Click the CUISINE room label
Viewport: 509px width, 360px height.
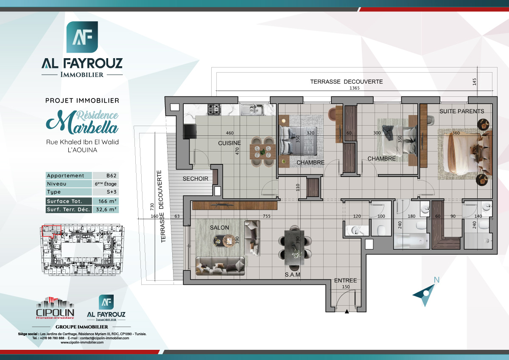[x=229, y=143]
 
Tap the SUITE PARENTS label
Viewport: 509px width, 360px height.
[x=461, y=111]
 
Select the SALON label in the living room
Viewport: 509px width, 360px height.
[x=219, y=228]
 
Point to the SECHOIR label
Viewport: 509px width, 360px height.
[x=196, y=179]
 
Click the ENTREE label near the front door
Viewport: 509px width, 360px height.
[x=345, y=281]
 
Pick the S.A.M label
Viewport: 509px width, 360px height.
[x=293, y=275]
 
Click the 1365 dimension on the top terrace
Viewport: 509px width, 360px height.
[x=354, y=88]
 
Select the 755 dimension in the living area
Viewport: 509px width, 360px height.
[x=266, y=216]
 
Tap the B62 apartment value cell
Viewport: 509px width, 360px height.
[x=105, y=176]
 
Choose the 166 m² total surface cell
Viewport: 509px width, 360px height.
[x=105, y=201]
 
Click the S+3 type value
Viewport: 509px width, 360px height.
[x=105, y=192]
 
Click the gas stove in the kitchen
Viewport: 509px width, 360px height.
[x=214, y=109]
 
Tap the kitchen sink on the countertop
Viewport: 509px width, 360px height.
[x=252, y=110]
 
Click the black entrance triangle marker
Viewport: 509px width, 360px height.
[x=347, y=312]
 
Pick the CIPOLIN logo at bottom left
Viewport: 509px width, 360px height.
[x=55, y=308]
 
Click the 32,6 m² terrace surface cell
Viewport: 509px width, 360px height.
[x=105, y=209]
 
